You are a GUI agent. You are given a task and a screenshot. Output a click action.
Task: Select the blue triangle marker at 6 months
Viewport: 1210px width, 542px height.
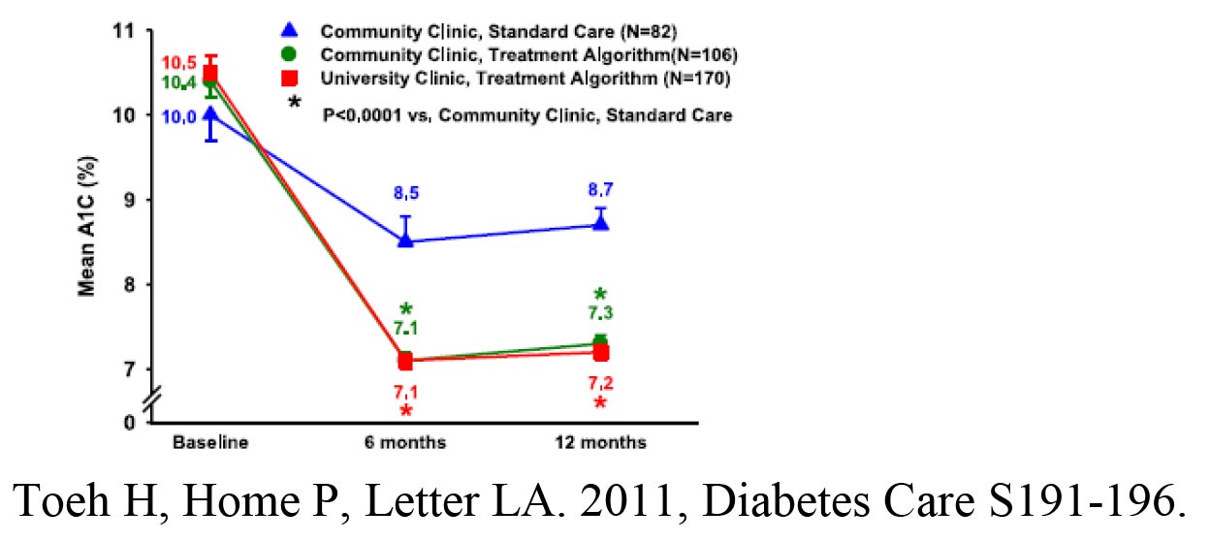tap(405, 239)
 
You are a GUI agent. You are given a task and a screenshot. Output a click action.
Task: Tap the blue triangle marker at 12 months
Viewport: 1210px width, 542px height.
tap(601, 222)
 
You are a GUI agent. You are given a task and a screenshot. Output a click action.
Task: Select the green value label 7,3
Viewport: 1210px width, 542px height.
tap(601, 313)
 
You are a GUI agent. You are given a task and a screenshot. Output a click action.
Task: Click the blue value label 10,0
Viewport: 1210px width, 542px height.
tap(178, 116)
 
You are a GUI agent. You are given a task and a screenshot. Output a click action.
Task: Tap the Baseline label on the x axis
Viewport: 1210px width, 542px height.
tap(210, 443)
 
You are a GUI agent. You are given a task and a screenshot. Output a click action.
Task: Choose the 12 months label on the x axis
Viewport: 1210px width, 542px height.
tap(601, 443)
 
